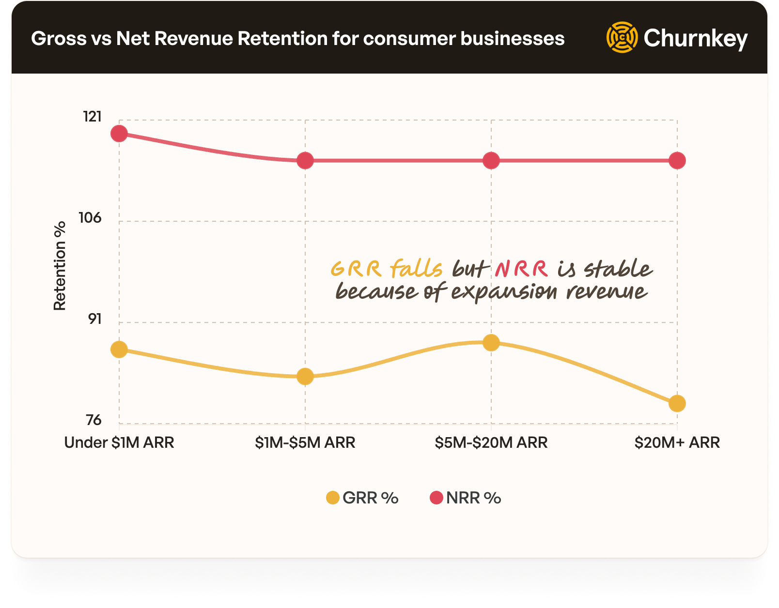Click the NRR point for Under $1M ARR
pyautogui.click(x=119, y=134)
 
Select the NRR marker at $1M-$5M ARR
pyautogui.click(x=305, y=161)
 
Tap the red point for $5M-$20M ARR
pyautogui.click(x=491, y=161)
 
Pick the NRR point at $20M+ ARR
pyautogui.click(x=677, y=161)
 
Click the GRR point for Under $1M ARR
pyautogui.click(x=119, y=350)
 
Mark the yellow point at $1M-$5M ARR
pyautogui.click(x=305, y=377)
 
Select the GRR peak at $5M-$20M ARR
pyautogui.click(x=491, y=343)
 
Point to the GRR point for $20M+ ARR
pyautogui.click(x=677, y=403)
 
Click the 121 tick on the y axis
pyautogui.click(x=93, y=117)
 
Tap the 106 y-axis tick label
pyautogui.click(x=91, y=218)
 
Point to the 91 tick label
pyautogui.click(x=95, y=319)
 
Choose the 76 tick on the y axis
pyautogui.click(x=93, y=420)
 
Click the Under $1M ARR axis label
pyautogui.click(x=119, y=442)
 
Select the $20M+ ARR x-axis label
pyautogui.click(x=677, y=442)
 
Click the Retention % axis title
pyautogui.click(x=60, y=266)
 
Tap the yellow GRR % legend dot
pyautogui.click(x=333, y=498)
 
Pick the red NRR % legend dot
pyautogui.click(x=436, y=498)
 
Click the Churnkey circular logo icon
pyautogui.click(x=622, y=37)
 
